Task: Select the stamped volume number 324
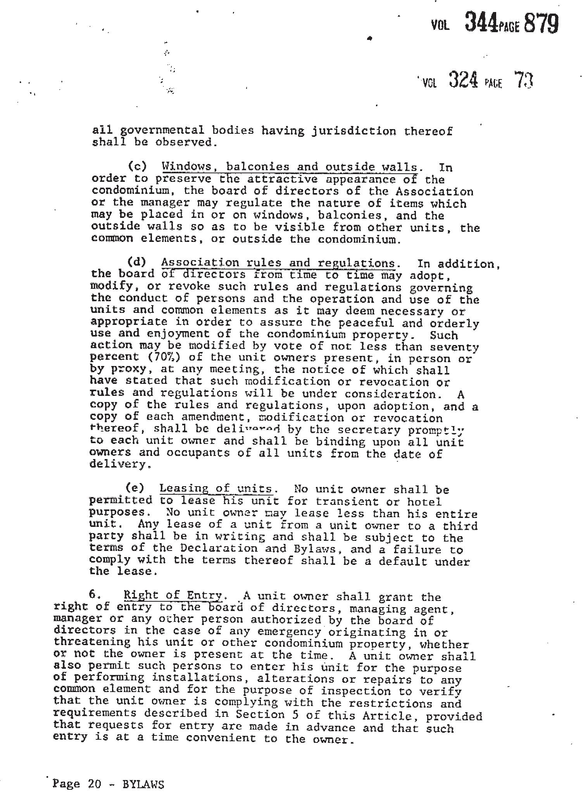[x=463, y=80]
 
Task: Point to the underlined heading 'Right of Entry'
[x=173, y=595]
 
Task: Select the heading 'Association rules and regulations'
[x=278, y=263]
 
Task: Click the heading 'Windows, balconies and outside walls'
[x=290, y=167]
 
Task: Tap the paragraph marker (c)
[x=138, y=166]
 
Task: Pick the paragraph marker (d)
[x=137, y=262]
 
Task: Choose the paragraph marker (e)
[x=135, y=488]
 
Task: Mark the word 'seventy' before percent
[x=457, y=347]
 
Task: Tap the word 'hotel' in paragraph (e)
[x=424, y=502]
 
